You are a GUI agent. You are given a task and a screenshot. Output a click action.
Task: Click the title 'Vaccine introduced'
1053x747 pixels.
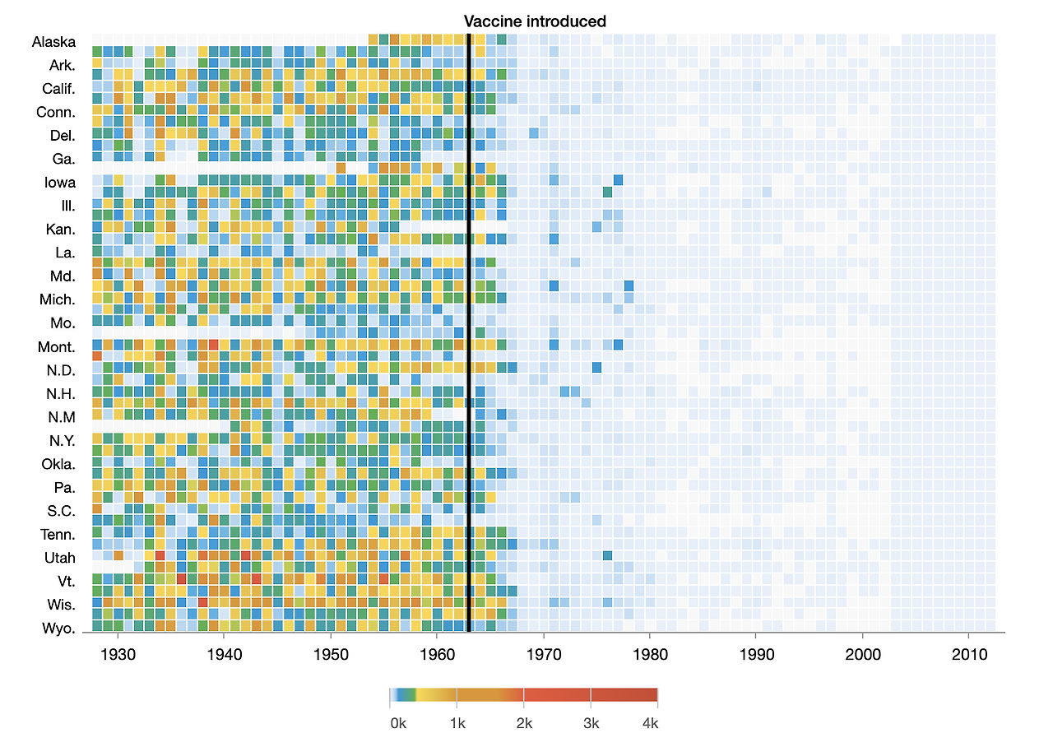535,21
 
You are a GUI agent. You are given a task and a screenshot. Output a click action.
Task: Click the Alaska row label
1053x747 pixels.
54,42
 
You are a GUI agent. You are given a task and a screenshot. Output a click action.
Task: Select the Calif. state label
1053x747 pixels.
59,89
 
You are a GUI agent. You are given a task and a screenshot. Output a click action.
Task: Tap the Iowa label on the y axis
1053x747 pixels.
60,183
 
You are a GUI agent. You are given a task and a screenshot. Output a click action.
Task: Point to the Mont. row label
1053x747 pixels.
57,347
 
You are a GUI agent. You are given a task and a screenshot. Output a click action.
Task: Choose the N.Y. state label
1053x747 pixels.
62,441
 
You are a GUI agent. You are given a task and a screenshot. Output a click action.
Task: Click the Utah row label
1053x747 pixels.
60,558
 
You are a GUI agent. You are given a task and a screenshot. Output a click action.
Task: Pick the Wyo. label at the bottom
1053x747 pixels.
58,629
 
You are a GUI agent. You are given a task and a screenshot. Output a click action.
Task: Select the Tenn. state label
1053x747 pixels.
58,535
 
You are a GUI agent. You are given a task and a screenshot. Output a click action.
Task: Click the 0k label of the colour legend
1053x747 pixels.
398,724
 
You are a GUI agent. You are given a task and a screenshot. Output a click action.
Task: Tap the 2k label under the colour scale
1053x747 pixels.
525,724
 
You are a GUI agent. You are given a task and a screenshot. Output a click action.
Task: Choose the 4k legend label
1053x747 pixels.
650,724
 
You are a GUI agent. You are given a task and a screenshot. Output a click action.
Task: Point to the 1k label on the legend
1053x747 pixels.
458,724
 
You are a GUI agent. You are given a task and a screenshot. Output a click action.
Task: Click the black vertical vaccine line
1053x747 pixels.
468,329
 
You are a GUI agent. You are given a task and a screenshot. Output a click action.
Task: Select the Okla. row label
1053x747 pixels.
58,464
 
